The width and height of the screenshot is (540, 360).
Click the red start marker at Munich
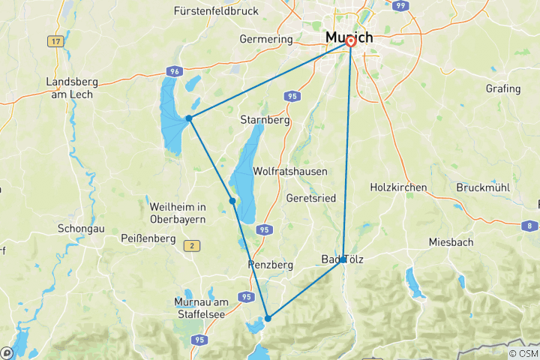350,42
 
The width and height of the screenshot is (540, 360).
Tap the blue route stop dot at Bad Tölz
343,259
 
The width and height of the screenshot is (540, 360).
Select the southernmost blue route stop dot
268,319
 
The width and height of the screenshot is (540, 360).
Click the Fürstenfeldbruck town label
216,11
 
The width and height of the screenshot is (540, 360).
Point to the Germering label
265,39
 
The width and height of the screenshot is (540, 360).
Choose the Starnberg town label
265,120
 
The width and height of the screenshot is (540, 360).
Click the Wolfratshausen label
290,172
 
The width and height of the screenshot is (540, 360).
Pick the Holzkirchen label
398,187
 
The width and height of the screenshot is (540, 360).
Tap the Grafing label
502,88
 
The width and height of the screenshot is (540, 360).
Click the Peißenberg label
148,238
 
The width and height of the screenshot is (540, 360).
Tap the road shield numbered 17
55,41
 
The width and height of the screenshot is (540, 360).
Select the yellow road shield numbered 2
193,245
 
